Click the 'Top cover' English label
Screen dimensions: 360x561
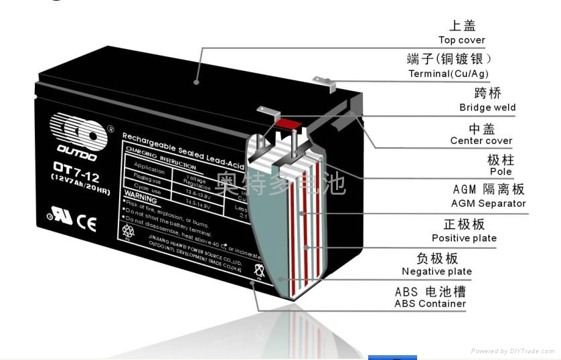(461, 40)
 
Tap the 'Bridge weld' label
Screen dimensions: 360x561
(487, 107)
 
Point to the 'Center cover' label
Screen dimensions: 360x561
(481, 141)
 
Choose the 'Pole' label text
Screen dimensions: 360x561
(500, 171)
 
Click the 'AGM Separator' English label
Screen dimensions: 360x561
(488, 203)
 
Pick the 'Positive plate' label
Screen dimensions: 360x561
(464, 238)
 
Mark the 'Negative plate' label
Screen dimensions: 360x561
(436, 271)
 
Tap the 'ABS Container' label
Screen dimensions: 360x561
(430, 303)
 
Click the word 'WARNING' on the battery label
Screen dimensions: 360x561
(141, 199)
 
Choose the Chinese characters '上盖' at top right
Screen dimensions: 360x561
(461, 25)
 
